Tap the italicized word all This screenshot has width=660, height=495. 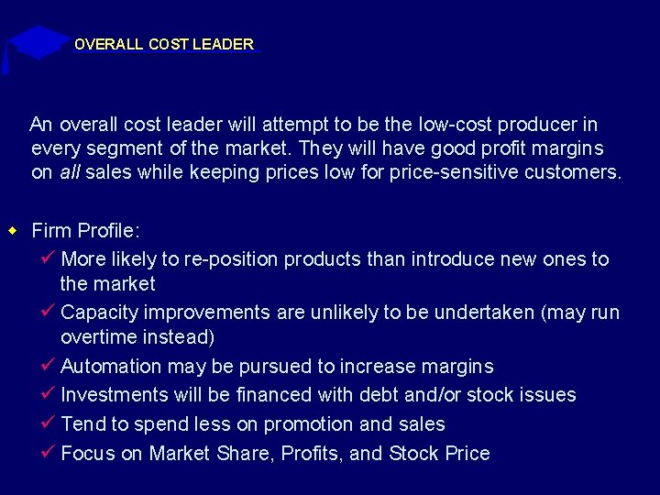coord(69,171)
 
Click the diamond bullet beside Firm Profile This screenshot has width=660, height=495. coord(13,229)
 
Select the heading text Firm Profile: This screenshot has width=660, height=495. coord(85,230)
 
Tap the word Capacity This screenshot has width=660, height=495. coord(99,313)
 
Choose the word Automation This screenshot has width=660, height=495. coord(111,367)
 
